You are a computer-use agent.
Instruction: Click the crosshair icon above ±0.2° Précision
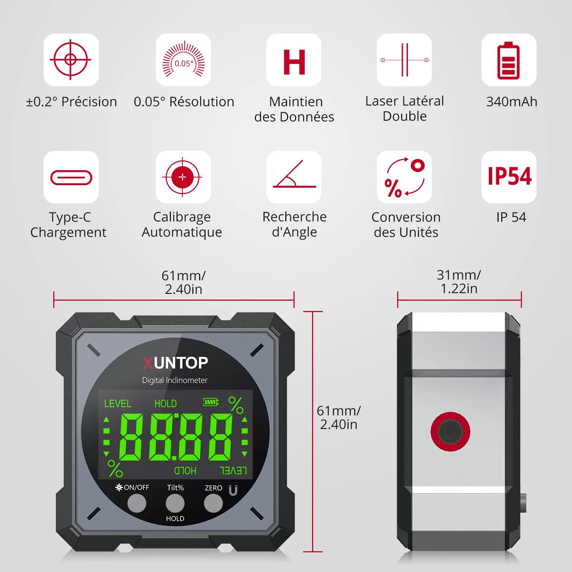coord(70,60)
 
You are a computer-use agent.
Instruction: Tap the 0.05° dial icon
coord(183,59)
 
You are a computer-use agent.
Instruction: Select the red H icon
coord(294,62)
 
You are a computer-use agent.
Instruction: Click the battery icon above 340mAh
coord(508,60)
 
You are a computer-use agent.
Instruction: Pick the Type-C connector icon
coord(71,178)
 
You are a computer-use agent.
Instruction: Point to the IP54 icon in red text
coord(509,176)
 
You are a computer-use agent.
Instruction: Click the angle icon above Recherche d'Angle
coord(294,174)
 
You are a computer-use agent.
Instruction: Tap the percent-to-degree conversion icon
coord(404,177)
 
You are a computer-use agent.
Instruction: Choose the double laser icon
coord(404,60)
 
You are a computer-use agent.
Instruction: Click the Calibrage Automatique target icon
coord(182,177)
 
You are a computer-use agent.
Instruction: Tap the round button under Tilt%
coord(175,503)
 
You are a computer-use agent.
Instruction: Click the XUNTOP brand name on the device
coord(176,363)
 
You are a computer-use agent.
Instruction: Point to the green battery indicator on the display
coord(211,402)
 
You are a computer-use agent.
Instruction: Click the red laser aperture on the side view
coord(450,432)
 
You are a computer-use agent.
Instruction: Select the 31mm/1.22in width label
coord(459,282)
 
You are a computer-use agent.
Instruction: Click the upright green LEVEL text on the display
coord(118,404)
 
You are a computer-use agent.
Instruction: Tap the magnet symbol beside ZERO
coord(233,490)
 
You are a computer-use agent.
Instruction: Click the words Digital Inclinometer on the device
coord(175,380)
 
